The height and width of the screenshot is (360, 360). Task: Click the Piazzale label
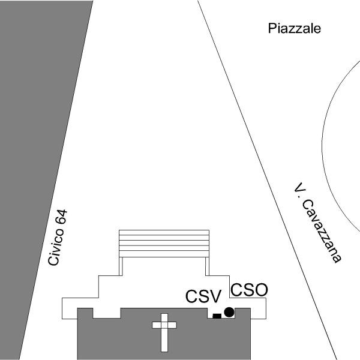(x=295, y=29)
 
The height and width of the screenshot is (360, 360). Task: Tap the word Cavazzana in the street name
(x=321, y=231)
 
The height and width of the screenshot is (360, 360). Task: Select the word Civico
(x=56, y=247)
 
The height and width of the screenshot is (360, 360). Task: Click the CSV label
(x=203, y=296)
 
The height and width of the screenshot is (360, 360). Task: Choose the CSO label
(x=249, y=290)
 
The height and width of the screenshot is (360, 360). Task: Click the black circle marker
(x=229, y=312)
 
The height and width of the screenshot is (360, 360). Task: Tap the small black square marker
(x=217, y=316)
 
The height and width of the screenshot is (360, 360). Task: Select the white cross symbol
(x=164, y=332)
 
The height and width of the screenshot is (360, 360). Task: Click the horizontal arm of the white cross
(x=164, y=325)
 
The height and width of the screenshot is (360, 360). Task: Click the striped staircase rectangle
(x=164, y=244)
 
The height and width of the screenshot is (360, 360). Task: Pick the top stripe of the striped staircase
(x=164, y=232)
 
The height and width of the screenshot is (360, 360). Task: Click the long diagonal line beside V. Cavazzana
(x=267, y=180)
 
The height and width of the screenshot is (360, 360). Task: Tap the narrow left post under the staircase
(x=121, y=266)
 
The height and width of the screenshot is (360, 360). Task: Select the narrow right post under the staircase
(x=208, y=266)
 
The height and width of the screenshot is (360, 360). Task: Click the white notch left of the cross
(x=107, y=313)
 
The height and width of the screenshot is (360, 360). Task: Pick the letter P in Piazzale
(x=272, y=28)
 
